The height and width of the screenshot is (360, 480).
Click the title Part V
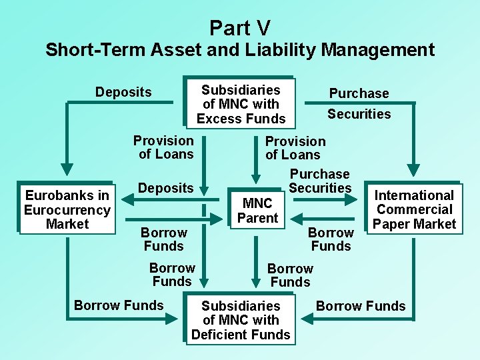240,27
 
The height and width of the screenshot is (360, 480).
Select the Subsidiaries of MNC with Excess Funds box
241,104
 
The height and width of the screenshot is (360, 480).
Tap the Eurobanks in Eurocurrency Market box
67,209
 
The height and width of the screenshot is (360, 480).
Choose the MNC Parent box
257,211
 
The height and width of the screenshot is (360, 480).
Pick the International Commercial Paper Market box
414,209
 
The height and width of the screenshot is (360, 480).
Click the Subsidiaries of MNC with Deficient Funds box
241,320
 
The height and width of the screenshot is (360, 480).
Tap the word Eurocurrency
67,210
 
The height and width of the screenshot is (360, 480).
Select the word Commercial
415,209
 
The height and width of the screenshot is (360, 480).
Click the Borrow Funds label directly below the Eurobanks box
119,305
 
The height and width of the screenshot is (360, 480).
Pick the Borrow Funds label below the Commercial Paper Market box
361,306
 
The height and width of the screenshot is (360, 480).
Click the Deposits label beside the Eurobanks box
165,188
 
